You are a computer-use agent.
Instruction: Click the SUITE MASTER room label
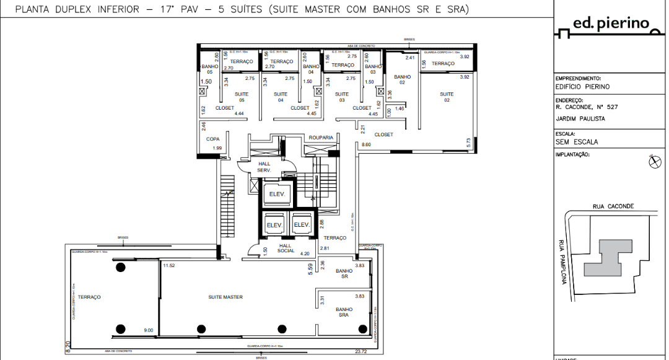pyautogui.click(x=225, y=297)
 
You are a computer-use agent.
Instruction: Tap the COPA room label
pyautogui.click(x=213, y=139)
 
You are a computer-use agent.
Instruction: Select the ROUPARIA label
pyautogui.click(x=321, y=137)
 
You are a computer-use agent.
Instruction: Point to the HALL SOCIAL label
pyautogui.click(x=285, y=248)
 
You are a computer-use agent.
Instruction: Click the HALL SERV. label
pyautogui.click(x=265, y=167)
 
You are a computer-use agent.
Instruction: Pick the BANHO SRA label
pyautogui.click(x=344, y=312)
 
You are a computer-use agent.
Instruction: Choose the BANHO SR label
pyautogui.click(x=344, y=273)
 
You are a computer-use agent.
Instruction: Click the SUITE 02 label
pyautogui.click(x=447, y=97)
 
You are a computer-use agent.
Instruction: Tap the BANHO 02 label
pyautogui.click(x=402, y=79)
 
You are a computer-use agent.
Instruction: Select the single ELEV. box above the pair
pyautogui.click(x=276, y=195)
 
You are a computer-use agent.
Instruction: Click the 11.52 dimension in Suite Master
pyautogui.click(x=168, y=265)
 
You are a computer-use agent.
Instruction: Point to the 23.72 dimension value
pyautogui.click(x=361, y=351)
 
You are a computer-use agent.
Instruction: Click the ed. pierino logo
pyautogui.click(x=610, y=25)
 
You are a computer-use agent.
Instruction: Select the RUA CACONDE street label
pyautogui.click(x=613, y=206)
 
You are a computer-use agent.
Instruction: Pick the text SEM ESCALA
pyautogui.click(x=577, y=142)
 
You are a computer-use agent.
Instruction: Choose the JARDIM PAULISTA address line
pyautogui.click(x=580, y=118)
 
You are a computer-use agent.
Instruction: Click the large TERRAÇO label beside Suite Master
pyautogui.click(x=89, y=297)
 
